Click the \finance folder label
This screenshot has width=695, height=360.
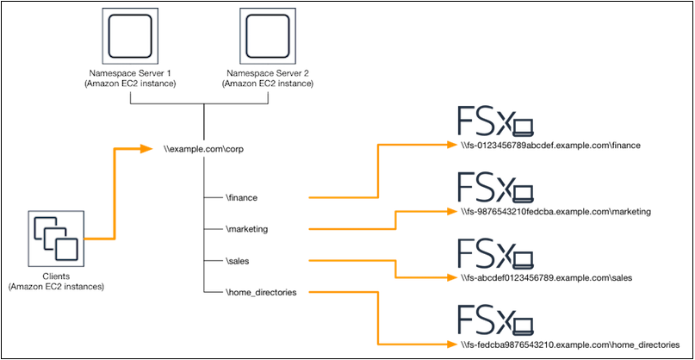(x=241, y=198)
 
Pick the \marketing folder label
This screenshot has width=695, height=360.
(x=246, y=229)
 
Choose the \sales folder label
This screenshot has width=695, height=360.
(x=237, y=260)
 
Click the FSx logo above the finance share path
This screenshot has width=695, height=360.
(x=494, y=123)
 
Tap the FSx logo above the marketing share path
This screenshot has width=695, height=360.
(x=494, y=189)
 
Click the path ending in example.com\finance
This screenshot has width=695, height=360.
(x=550, y=146)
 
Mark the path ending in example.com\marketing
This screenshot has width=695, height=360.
(x=555, y=211)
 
